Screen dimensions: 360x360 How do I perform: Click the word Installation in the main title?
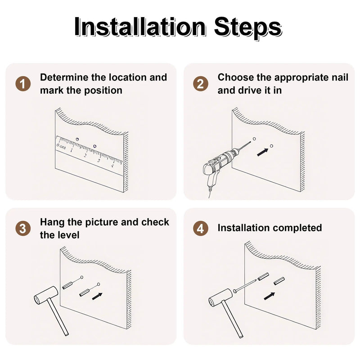[x=140, y=27]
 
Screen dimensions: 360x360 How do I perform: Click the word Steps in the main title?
[x=248, y=27]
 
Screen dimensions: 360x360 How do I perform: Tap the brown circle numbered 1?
[x=23, y=84]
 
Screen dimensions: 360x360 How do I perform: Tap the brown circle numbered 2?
[x=200, y=84]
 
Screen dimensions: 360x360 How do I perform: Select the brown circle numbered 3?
[x=23, y=229]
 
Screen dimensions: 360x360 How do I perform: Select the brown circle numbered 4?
[x=200, y=229]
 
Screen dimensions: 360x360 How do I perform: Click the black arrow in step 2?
[x=262, y=152]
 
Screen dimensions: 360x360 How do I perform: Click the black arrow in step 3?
[x=97, y=296]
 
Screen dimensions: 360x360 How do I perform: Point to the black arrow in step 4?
[x=269, y=296]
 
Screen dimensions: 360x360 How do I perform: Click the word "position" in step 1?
[x=103, y=91]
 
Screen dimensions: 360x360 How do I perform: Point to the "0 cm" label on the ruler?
[x=61, y=146]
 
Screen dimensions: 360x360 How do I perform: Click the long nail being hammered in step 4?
[x=245, y=286]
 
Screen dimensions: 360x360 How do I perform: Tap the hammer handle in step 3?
[x=58, y=317]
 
